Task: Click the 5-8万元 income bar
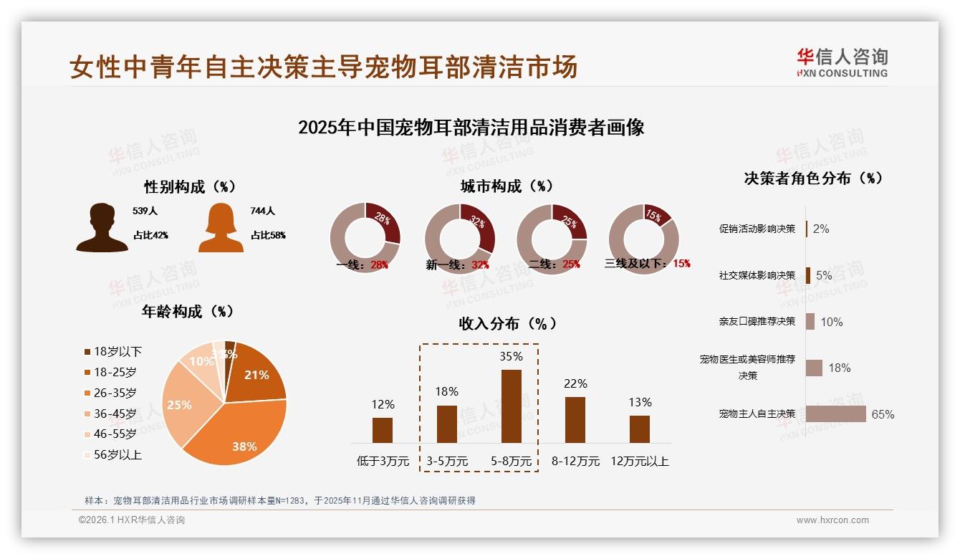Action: tap(511, 406)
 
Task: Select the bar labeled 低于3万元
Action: tap(383, 430)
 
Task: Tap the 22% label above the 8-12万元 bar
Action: tap(575, 383)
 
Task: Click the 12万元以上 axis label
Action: tap(639, 462)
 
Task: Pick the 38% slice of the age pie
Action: tap(236, 430)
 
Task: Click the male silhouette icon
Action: tap(102, 228)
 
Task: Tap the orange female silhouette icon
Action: tap(221, 228)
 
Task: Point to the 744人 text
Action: tap(263, 211)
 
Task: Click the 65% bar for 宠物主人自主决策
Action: tap(835, 414)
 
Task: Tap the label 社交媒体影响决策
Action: tap(757, 275)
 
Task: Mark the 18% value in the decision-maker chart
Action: tap(839, 368)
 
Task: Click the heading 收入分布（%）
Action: tap(508, 323)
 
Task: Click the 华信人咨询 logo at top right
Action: tap(842, 62)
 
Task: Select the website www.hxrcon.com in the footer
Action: tap(832, 520)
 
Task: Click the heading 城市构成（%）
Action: tap(507, 186)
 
